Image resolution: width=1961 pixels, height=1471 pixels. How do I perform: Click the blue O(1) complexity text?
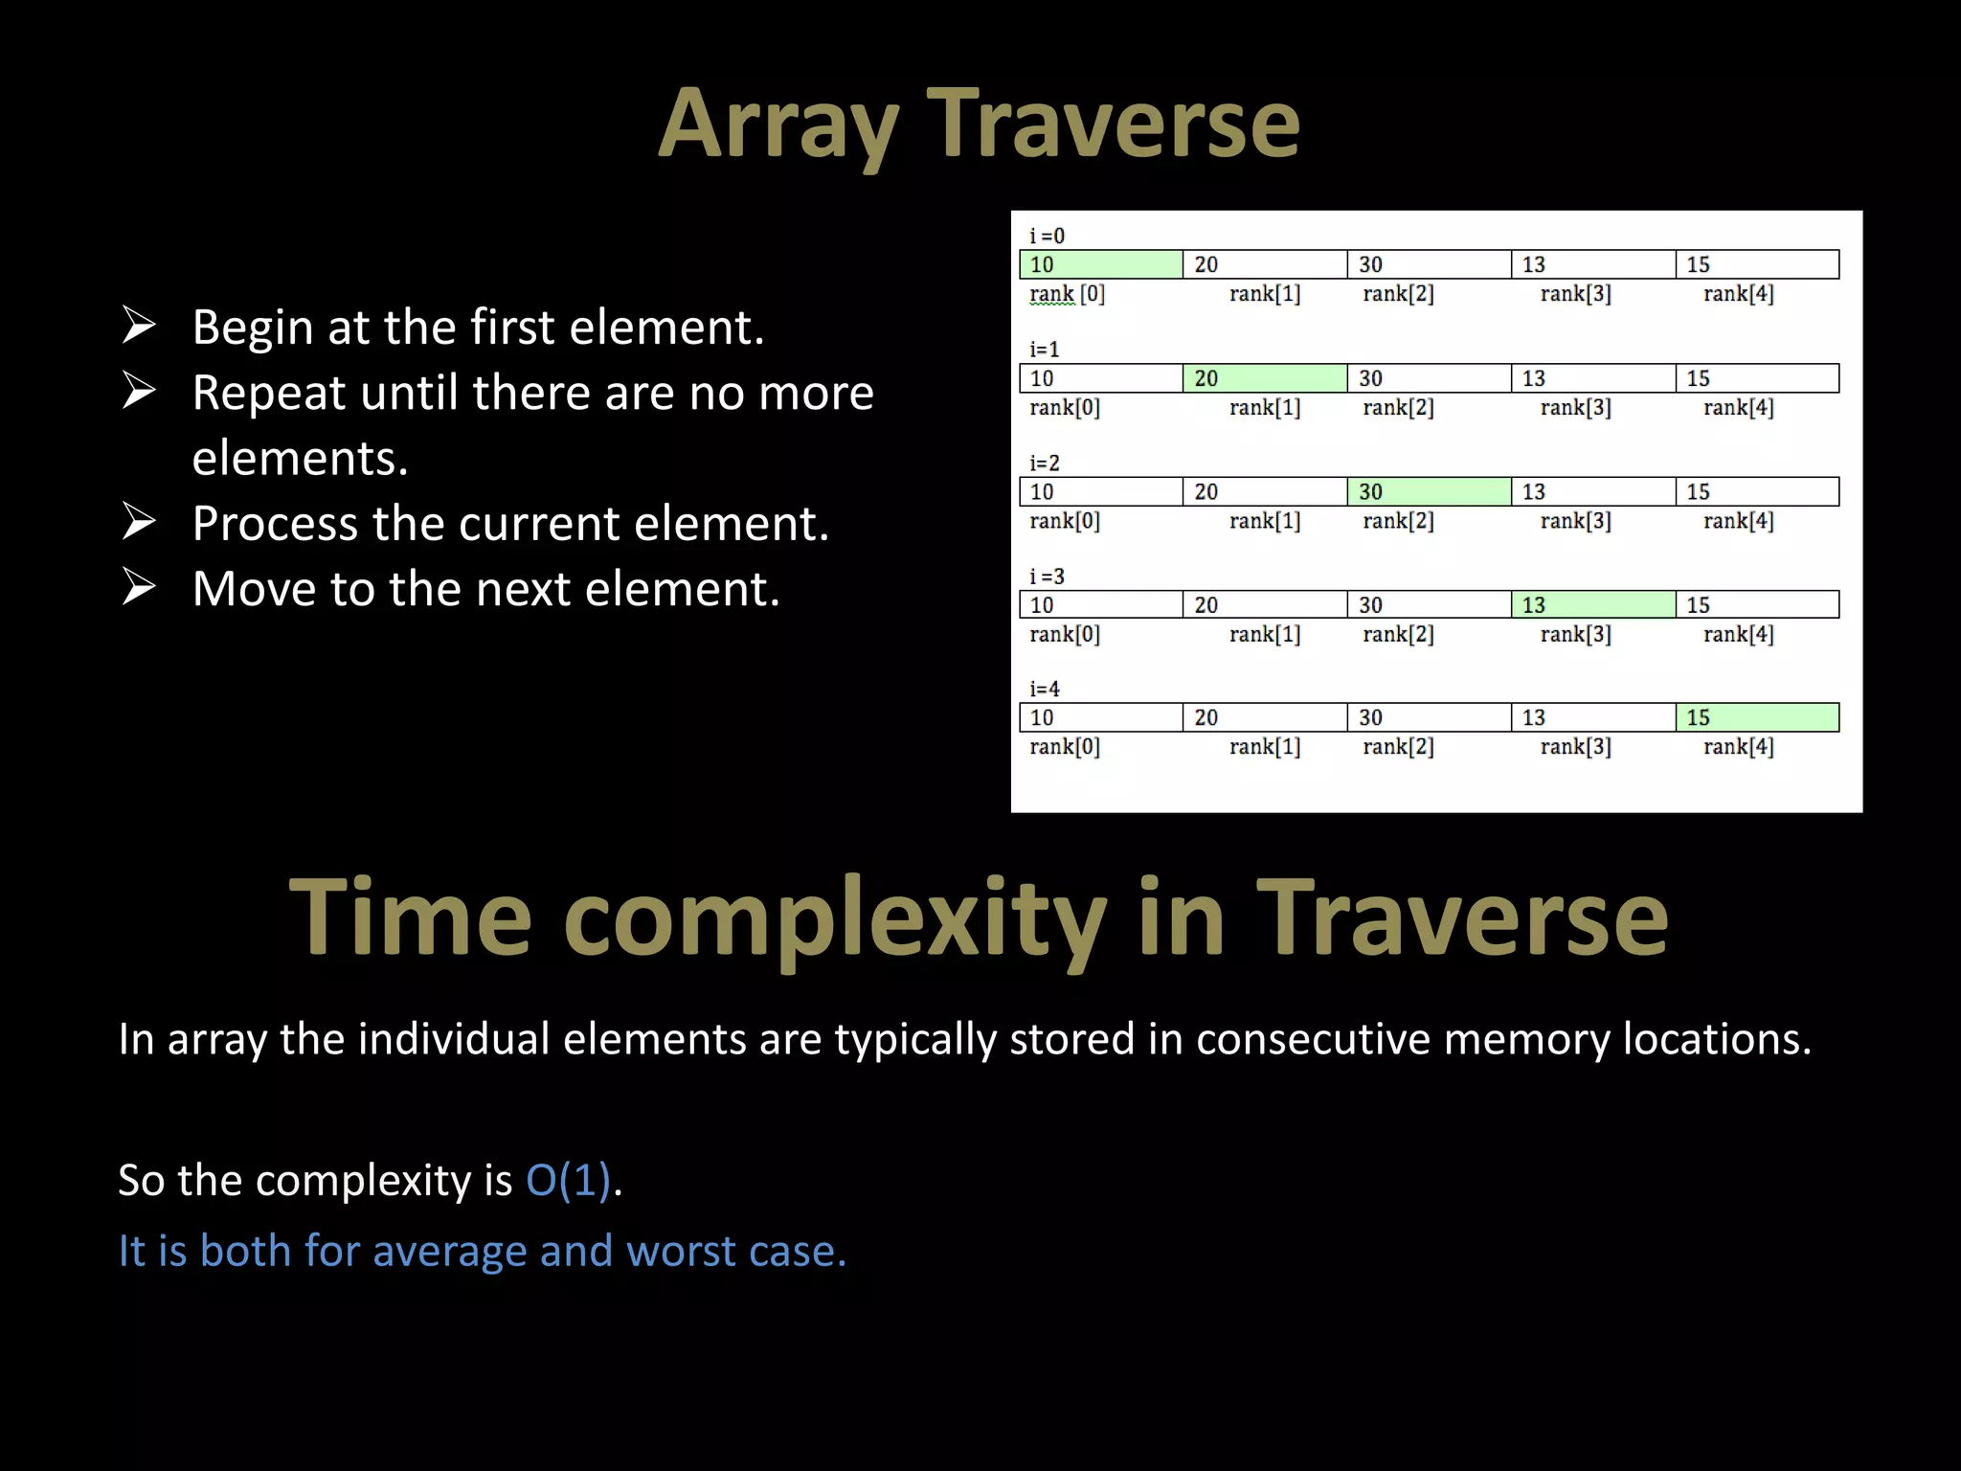(569, 1180)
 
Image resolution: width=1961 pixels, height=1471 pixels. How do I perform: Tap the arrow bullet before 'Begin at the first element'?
(139, 326)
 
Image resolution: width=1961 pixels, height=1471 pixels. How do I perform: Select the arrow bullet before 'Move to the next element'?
(139, 587)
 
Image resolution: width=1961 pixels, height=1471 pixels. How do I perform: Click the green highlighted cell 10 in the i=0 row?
(1100, 264)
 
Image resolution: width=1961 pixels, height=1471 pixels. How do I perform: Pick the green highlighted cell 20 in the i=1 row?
(1264, 378)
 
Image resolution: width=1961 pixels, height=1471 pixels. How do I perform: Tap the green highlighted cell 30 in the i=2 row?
(1429, 491)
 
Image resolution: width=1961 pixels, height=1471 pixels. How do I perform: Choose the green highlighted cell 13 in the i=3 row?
(1592, 604)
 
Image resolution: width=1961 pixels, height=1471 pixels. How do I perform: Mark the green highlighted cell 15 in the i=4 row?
(1756, 717)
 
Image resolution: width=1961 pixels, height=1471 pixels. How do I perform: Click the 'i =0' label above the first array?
(1047, 236)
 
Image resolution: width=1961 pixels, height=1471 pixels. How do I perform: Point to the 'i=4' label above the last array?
(1045, 689)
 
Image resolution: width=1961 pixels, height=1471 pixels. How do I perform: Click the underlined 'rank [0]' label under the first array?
(1067, 294)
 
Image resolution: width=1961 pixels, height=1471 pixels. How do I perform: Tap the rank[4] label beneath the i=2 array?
(1738, 521)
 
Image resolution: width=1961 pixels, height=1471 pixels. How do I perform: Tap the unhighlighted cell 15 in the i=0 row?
(1756, 264)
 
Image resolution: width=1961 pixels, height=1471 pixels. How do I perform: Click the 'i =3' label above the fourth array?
(1047, 576)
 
